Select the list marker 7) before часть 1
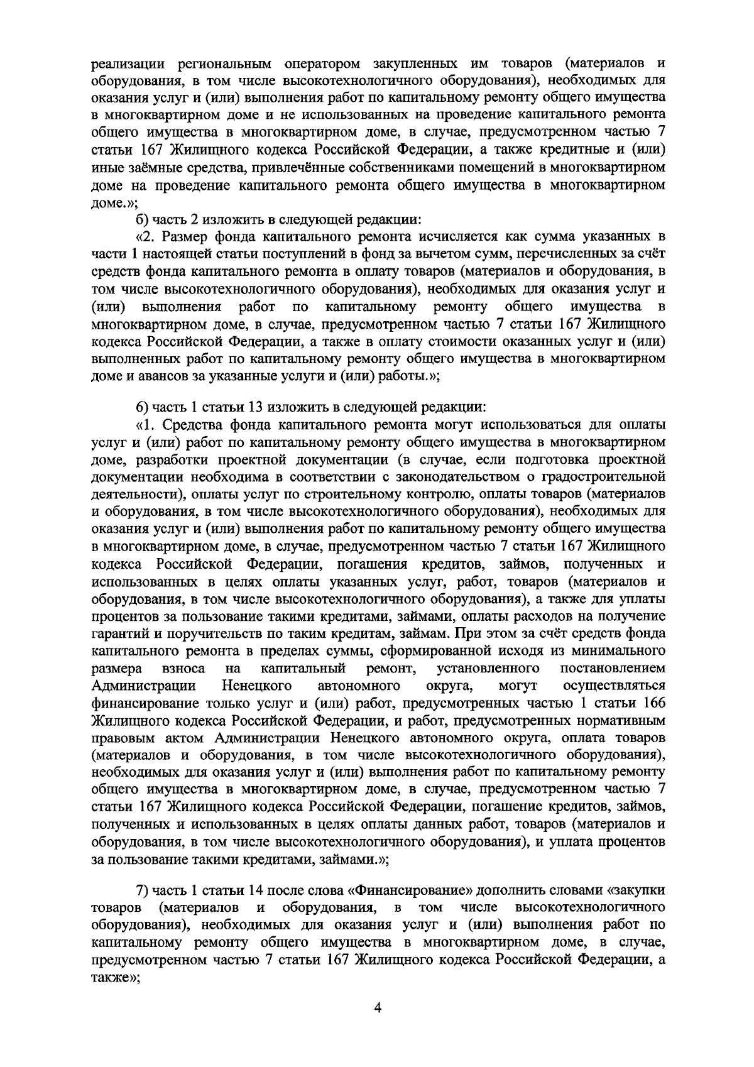pos(143,891)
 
